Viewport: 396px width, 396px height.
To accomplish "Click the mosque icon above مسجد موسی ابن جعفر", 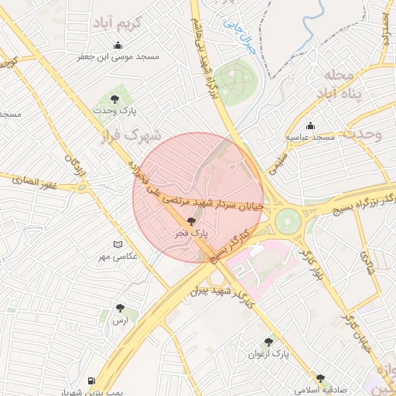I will (118, 45).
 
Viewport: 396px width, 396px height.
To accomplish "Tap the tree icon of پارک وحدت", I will (115, 99).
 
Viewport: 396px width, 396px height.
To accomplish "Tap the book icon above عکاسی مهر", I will (118, 244).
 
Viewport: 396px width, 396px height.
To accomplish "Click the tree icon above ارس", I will (119, 308).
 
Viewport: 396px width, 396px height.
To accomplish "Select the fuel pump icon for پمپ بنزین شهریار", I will (92, 381).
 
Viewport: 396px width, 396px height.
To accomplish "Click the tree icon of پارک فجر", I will (192, 221).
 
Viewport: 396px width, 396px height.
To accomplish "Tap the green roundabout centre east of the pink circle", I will (287, 221).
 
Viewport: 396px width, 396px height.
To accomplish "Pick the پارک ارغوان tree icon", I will (268, 342).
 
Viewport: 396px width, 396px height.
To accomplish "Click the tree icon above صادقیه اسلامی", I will (320, 379).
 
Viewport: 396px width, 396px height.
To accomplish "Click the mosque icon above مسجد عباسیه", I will (311, 126).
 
